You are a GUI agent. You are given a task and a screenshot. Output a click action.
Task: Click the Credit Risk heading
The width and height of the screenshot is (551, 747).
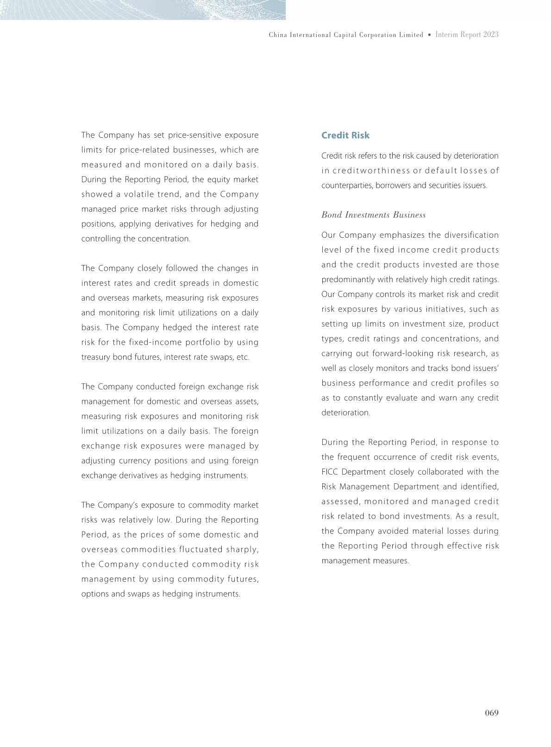pyautogui.click(x=345, y=135)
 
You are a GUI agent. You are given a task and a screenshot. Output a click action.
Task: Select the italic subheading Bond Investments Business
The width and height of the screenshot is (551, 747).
pyautogui.click(x=373, y=215)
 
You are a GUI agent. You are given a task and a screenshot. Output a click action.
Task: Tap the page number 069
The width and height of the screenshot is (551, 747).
pyautogui.click(x=491, y=713)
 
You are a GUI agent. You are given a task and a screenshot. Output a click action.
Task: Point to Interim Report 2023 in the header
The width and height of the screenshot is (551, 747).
pyautogui.click(x=467, y=35)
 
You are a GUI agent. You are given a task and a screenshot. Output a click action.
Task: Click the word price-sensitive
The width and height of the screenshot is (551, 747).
pyautogui.click(x=195, y=135)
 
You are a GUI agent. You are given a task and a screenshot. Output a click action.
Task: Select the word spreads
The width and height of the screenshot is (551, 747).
pyautogui.click(x=196, y=283)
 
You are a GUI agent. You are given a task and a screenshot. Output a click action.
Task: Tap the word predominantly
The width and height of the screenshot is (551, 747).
pyautogui.click(x=346, y=279)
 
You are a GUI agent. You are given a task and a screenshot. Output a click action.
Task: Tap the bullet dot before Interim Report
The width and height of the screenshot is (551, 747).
pyautogui.click(x=429, y=35)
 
